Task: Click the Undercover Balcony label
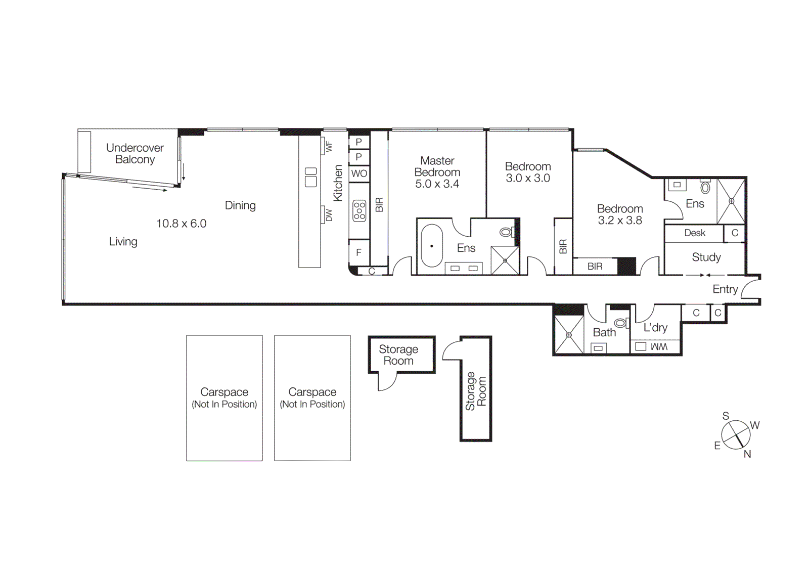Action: click(134, 154)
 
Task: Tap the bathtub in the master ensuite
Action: click(432, 246)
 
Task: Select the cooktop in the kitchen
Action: click(359, 210)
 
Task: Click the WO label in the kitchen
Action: click(359, 173)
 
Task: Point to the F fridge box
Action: click(359, 252)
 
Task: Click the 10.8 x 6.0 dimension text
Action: click(181, 224)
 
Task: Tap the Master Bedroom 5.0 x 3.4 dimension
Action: click(437, 184)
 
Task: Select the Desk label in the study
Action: click(694, 233)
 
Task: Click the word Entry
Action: click(725, 289)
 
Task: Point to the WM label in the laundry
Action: click(659, 346)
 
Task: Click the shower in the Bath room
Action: click(569, 335)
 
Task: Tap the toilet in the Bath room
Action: click(620, 323)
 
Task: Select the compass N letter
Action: click(747, 454)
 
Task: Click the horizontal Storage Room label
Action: click(398, 355)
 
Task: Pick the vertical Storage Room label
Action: click(476, 391)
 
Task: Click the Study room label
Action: click(706, 257)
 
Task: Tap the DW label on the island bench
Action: click(329, 215)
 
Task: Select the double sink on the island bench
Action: click(310, 177)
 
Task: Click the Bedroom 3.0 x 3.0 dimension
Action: click(528, 178)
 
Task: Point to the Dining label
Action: click(240, 205)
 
